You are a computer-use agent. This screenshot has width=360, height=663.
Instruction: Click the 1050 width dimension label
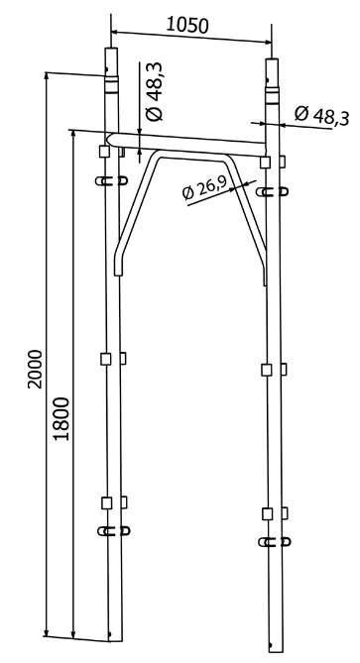(x=187, y=25)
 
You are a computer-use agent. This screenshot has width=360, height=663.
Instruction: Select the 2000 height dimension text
(x=35, y=369)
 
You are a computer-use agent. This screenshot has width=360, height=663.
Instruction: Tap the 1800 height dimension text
(x=61, y=418)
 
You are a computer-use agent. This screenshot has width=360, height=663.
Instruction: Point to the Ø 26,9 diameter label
(x=204, y=187)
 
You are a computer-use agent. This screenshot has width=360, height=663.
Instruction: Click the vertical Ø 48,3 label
(x=155, y=92)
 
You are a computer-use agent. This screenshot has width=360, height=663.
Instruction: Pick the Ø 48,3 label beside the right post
(x=322, y=115)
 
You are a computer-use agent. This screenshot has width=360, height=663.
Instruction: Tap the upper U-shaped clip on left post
(x=111, y=181)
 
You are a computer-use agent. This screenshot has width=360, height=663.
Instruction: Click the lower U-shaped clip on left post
(x=113, y=530)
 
